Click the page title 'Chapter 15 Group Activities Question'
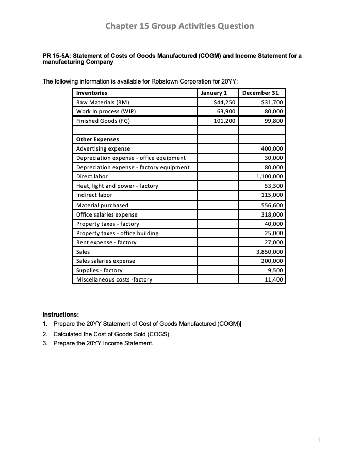click(x=179, y=26)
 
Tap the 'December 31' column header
click(x=260, y=93)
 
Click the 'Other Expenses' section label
click(x=97, y=139)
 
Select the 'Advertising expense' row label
click(x=103, y=148)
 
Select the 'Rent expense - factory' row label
click(x=106, y=242)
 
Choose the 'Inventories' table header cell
click(x=92, y=93)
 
